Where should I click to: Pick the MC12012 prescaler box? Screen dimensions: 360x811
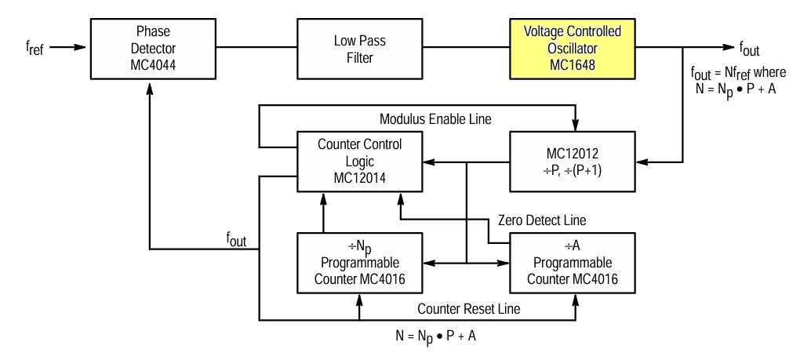coord(572,162)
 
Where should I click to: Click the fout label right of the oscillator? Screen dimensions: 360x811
coord(749,49)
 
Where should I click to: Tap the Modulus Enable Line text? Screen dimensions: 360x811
coord(435,120)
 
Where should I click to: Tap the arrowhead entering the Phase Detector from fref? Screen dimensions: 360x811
coord(84,47)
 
